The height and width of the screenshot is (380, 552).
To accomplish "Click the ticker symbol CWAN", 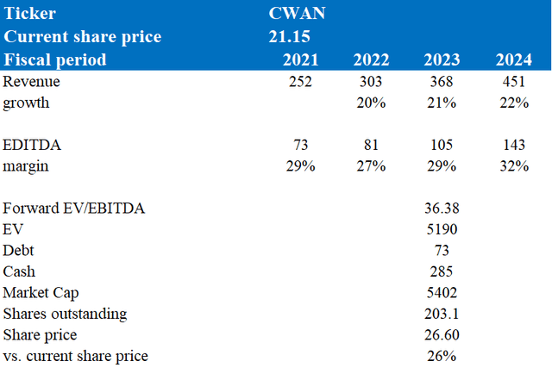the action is (297, 14).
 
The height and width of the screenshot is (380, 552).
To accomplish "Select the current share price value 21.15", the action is (290, 36).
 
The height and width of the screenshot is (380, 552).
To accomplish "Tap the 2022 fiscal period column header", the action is (371, 59).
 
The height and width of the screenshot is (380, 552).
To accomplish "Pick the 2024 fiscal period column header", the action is (514, 59).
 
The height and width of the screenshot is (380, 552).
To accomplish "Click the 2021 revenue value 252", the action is (300, 82).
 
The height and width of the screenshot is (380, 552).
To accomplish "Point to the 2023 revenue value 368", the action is (442, 82).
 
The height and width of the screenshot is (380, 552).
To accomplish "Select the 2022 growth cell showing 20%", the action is (371, 103).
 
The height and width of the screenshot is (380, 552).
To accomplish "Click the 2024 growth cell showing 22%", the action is (514, 103).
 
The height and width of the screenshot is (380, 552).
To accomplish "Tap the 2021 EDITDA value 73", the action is (301, 145).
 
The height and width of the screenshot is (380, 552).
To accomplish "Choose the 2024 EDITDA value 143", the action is (514, 145).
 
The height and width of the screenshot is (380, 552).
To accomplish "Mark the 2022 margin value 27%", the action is (371, 166).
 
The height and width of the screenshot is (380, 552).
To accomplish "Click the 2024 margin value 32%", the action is (514, 166).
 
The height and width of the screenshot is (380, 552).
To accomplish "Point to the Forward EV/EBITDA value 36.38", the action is (442, 209).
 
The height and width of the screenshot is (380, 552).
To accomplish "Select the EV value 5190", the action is (442, 229).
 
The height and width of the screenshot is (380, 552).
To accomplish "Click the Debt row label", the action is (18, 251).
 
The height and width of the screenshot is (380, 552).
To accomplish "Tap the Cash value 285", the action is (442, 271).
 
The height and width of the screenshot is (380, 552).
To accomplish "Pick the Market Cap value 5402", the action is (442, 293).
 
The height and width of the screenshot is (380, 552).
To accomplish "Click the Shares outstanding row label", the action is (65, 314).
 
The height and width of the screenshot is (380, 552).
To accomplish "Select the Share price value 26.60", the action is (442, 335).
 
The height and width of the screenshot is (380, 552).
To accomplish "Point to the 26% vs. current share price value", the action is (442, 356).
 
